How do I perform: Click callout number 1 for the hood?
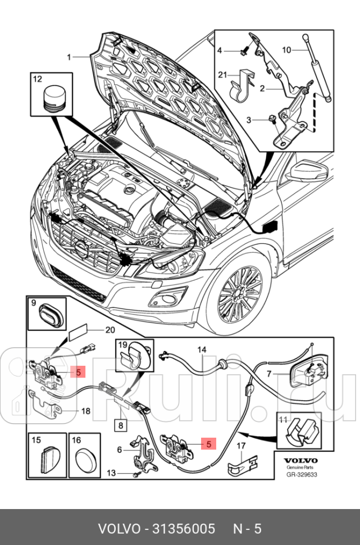pos(70,57)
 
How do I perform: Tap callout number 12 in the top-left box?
pos(37,80)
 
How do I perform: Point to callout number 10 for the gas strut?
pos(286,50)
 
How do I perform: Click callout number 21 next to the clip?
pos(222,75)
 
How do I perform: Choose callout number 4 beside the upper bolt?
pos(220,51)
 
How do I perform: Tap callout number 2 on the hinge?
pos(262,88)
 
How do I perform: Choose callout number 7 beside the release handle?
pos(270,374)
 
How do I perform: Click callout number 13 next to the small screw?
pos(112,473)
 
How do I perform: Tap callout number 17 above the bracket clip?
pos(240,447)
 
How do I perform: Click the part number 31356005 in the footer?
pos(181,529)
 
